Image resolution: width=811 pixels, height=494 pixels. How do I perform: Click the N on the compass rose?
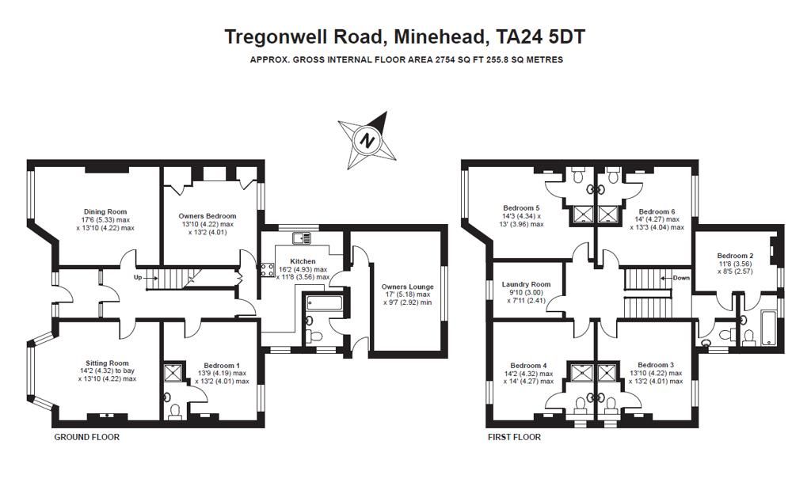[367, 140]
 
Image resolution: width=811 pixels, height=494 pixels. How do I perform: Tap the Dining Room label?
[105, 211]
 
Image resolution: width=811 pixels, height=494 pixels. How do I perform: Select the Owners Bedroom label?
[208, 216]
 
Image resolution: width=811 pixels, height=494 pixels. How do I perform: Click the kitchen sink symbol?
[302, 238]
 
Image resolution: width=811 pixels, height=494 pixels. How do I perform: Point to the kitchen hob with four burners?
[268, 270]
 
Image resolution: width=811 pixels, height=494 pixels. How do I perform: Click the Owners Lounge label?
[408, 287]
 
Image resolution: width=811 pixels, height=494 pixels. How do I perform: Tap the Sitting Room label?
[107, 363]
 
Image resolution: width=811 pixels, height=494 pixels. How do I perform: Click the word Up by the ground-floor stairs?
[138, 278]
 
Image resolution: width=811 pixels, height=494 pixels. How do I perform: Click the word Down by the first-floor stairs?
[681, 278]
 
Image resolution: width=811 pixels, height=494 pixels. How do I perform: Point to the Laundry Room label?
[526, 284]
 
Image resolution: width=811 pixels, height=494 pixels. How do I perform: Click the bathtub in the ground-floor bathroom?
[324, 302]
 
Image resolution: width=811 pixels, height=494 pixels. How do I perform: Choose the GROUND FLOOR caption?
[87, 437]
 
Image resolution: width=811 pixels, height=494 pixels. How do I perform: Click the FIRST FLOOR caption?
[515, 437]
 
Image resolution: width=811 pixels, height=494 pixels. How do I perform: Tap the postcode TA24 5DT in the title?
[540, 37]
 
